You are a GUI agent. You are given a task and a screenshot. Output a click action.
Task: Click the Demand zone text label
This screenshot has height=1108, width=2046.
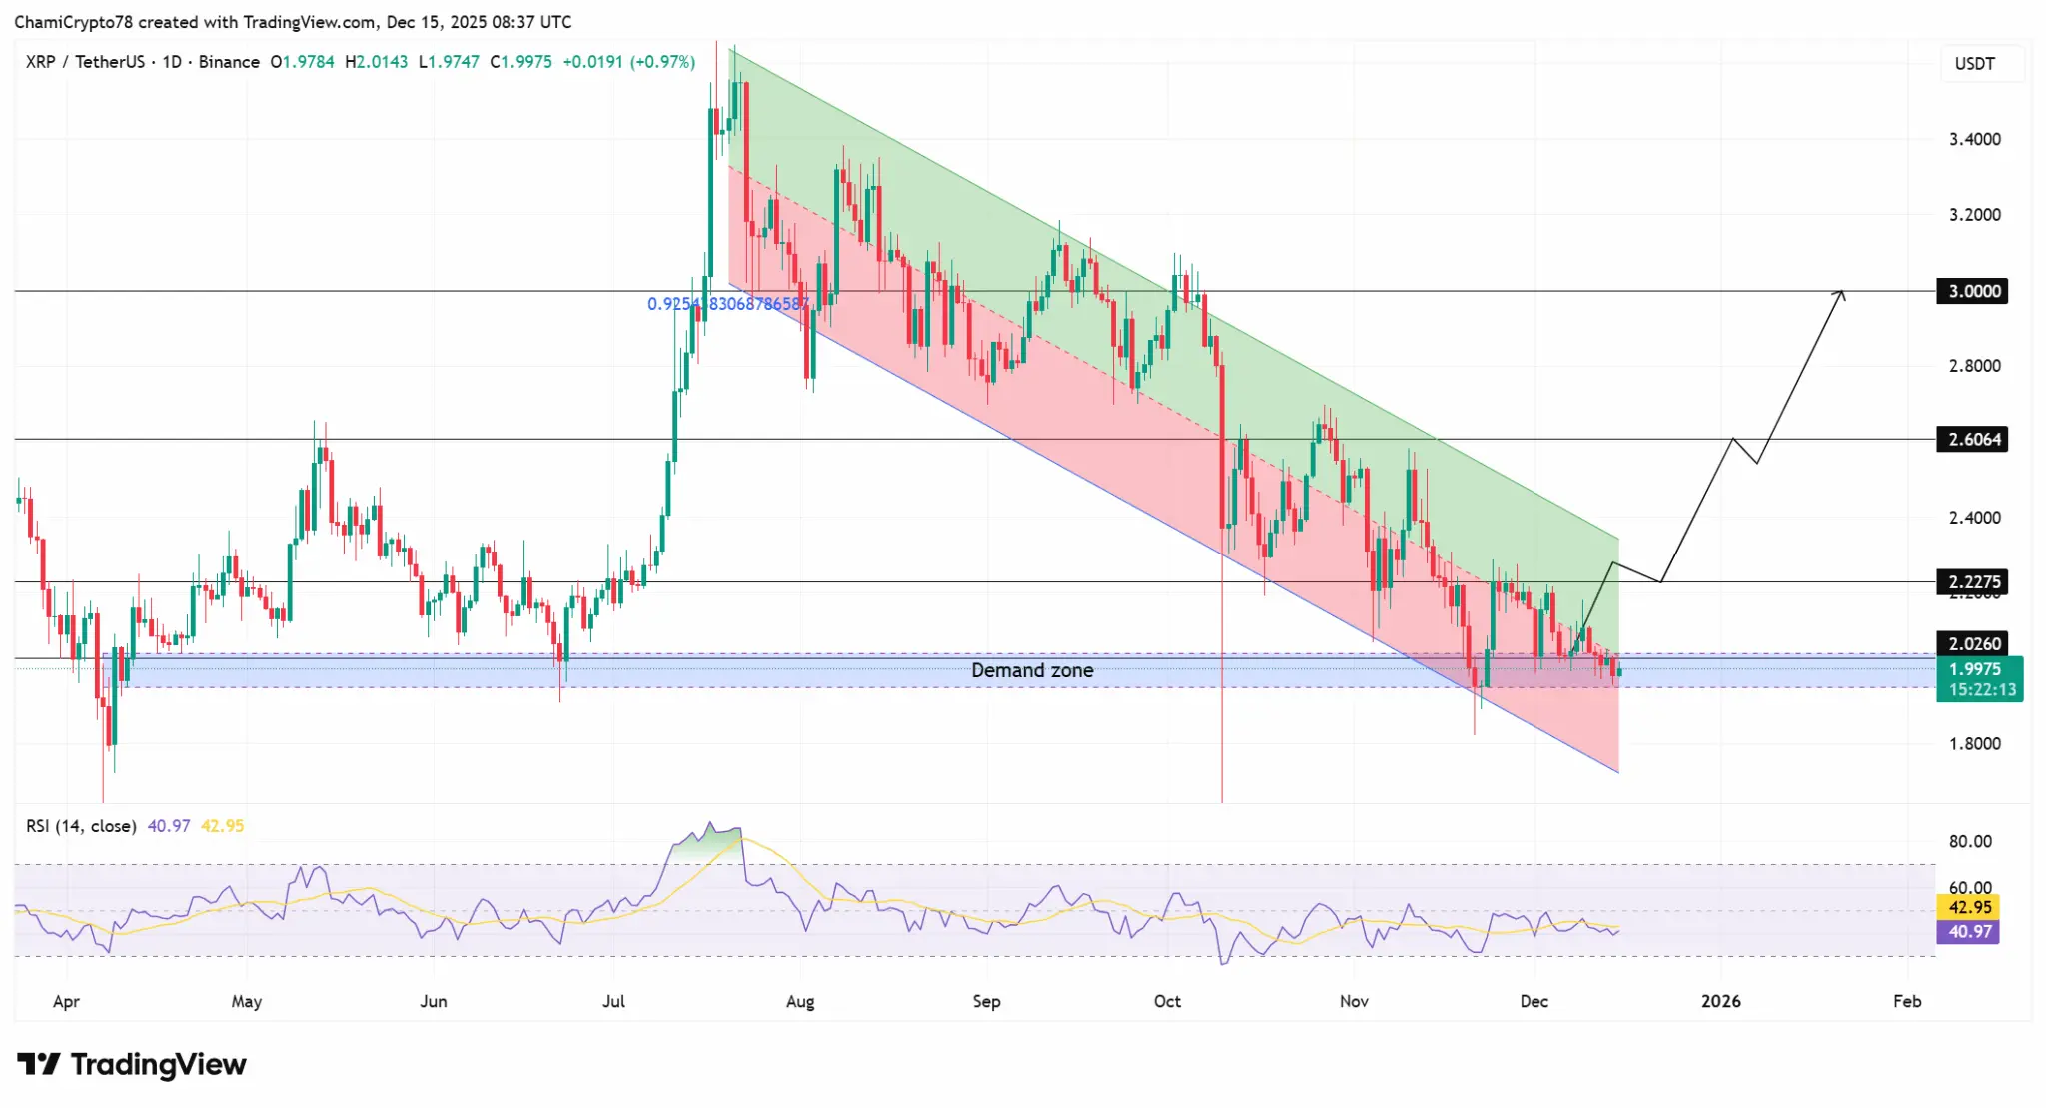pos(1032,670)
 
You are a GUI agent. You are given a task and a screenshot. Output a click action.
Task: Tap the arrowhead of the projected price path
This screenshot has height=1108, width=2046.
pos(1840,293)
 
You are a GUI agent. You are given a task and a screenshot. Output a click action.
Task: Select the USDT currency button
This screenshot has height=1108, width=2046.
pos(1974,64)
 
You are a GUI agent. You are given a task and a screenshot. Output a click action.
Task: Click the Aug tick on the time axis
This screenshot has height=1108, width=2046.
pos(800,1001)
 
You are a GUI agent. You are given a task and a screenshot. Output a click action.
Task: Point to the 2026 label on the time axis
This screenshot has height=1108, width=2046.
pos(1720,1001)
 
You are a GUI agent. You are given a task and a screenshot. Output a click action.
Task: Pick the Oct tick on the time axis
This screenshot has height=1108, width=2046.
pos(1167,1001)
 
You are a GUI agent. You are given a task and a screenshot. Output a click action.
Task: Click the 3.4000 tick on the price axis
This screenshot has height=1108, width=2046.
pos(1974,139)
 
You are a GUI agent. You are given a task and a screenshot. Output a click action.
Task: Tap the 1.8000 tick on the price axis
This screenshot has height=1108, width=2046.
pos(1974,743)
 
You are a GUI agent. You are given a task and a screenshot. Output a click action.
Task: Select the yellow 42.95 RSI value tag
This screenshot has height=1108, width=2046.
pos(1969,907)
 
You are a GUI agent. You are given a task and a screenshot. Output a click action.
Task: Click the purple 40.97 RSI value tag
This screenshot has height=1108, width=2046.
pos(1969,931)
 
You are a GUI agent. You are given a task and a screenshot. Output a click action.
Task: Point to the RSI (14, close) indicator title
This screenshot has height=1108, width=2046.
pos(81,826)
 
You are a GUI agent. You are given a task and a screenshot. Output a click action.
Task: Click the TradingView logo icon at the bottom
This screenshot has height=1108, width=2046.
pos(39,1064)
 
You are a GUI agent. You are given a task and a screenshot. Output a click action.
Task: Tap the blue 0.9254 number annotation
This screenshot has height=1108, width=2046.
pos(727,304)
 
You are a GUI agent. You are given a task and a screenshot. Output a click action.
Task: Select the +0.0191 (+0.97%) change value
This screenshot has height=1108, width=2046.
pos(628,62)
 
